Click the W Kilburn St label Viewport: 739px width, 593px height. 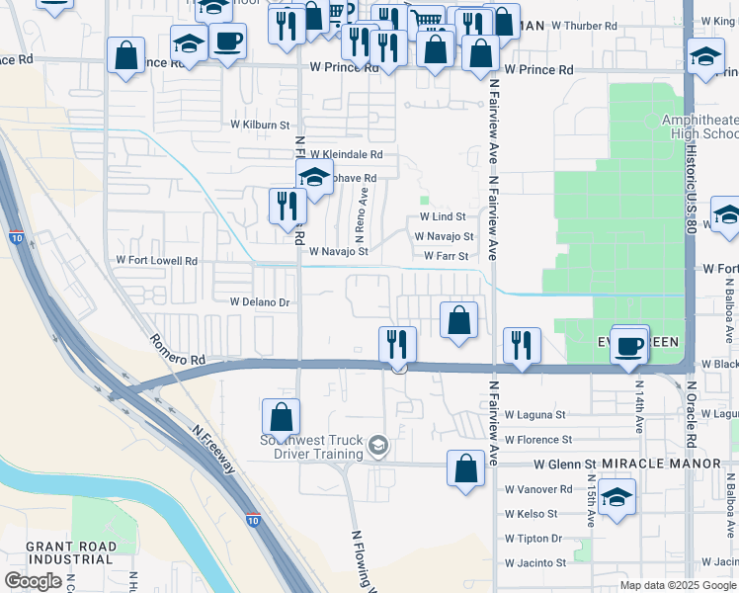(x=260, y=126)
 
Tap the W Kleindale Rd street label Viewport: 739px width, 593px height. (x=346, y=155)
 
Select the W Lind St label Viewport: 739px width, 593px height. (x=442, y=216)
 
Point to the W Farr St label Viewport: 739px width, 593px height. (x=445, y=256)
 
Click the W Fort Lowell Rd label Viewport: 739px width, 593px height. (x=156, y=261)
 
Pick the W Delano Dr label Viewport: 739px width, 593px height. (x=259, y=302)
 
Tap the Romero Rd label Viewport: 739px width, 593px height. (x=177, y=352)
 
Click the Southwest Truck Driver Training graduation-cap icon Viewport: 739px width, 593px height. (x=376, y=448)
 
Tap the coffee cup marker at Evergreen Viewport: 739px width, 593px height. (x=629, y=347)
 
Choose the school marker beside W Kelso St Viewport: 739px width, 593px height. (x=616, y=497)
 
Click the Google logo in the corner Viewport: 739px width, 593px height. (x=33, y=581)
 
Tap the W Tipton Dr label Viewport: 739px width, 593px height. (x=533, y=539)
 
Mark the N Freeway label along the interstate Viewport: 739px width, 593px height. (x=214, y=450)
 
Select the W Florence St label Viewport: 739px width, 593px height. (x=537, y=440)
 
